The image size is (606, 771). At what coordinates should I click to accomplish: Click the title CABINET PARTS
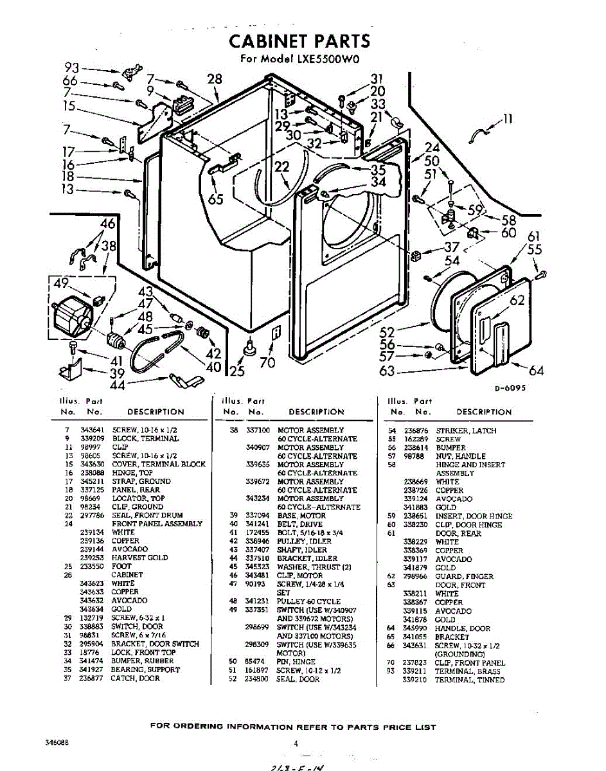300,42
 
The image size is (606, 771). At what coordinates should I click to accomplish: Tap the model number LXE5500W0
327,60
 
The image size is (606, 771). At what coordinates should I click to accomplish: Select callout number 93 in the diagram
73,67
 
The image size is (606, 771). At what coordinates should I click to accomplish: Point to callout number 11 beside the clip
508,118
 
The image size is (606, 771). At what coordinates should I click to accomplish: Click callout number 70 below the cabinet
267,362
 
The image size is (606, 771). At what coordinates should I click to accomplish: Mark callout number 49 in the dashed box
61,283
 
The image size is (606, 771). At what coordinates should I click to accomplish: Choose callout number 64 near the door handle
536,370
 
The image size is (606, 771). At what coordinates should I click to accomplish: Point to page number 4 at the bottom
296,744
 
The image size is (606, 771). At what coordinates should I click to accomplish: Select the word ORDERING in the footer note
202,727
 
